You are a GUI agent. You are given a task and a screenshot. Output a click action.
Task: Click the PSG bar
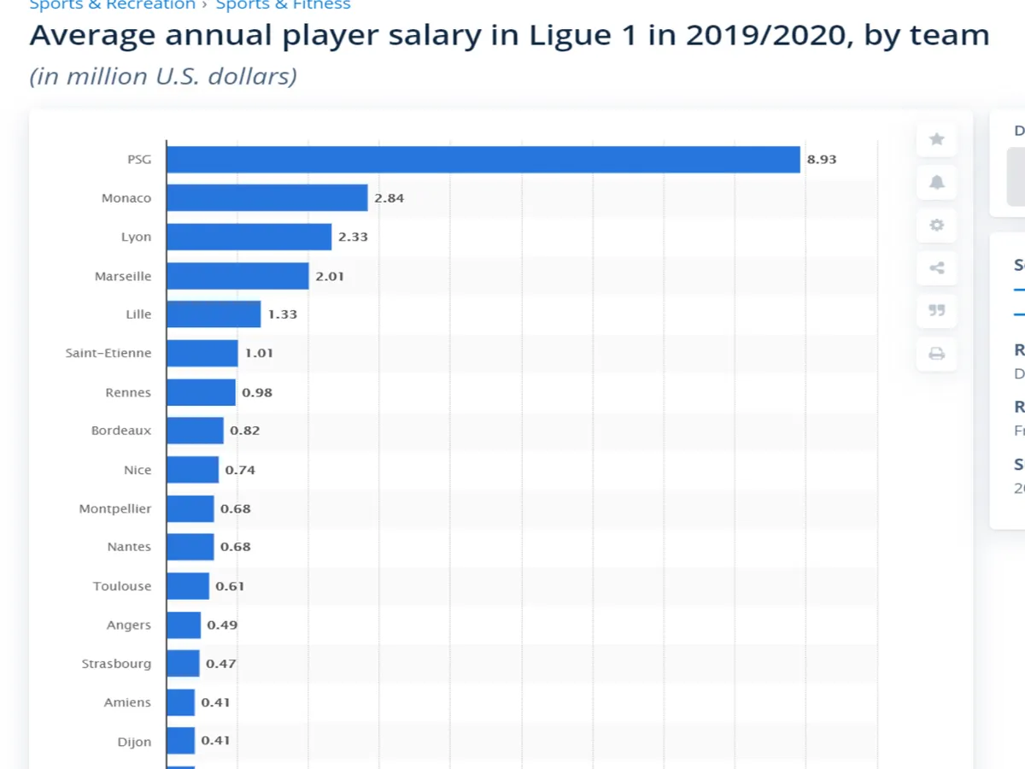coord(483,160)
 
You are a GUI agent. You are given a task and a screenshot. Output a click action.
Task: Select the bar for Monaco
coord(266,198)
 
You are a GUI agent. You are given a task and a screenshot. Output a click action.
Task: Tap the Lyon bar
coord(249,237)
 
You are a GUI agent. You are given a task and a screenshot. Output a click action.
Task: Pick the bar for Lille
coord(214,314)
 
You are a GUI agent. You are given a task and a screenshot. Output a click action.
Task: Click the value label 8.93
coord(822,160)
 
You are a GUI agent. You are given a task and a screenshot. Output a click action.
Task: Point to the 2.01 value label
coord(330,276)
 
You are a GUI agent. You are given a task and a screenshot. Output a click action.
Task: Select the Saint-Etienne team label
coord(108,353)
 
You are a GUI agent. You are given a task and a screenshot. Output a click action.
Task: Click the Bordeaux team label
coord(121,431)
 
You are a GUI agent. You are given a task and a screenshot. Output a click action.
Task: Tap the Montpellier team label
coord(115,508)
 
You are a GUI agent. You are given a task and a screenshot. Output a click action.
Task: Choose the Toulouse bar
coord(188,586)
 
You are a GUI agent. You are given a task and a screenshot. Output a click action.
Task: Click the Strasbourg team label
coord(116,664)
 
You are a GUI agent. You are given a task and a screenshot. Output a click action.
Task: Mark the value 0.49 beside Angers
coord(222,625)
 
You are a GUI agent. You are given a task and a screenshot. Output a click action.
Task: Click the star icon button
coord(937,139)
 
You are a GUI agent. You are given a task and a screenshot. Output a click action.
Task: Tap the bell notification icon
coord(937,182)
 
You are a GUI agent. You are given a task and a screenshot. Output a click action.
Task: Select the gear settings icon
coord(937,226)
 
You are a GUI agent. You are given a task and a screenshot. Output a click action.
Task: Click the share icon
coord(937,268)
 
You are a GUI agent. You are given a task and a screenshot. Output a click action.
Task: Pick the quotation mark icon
coord(937,311)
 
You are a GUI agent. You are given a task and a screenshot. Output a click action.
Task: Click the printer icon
coord(937,354)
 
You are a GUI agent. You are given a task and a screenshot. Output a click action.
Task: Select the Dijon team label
coord(134,742)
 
